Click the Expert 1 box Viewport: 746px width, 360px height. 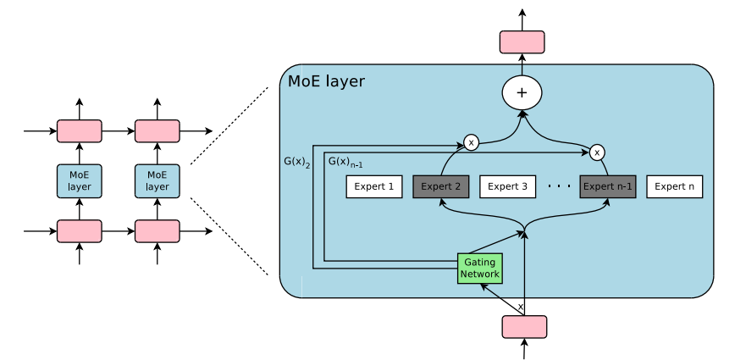point(373,186)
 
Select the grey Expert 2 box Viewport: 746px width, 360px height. point(440,186)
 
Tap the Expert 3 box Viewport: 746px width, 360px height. point(507,186)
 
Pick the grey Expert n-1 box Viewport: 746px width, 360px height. point(607,186)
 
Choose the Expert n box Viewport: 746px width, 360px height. point(674,186)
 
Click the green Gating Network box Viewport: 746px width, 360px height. point(479,268)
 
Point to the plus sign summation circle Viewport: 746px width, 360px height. point(522,92)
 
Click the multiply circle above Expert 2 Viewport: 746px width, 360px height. point(471,142)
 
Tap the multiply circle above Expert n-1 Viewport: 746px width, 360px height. point(597,152)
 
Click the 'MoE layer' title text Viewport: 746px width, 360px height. point(326,82)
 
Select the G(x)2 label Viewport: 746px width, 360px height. point(297,160)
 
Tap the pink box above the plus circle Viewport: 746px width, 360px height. point(522,42)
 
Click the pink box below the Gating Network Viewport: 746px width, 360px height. point(524,326)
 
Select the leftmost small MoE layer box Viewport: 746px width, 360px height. point(79,181)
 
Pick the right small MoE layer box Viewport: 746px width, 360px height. point(157,181)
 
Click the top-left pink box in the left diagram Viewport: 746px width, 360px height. point(79,131)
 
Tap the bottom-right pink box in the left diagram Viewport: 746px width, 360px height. point(157,231)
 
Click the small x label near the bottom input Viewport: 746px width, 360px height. point(520,307)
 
